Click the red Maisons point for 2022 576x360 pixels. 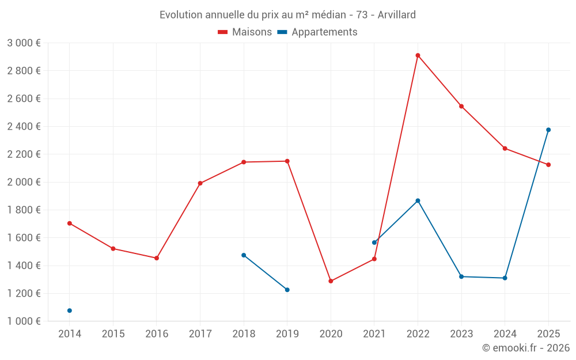coord(418,55)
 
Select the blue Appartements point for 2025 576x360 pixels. coord(548,130)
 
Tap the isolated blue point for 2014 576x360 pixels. coord(70,310)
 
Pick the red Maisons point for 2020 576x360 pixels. coord(331,281)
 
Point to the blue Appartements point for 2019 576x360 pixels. coord(287,290)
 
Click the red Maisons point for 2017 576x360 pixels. coord(200,183)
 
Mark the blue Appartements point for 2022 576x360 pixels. coord(418,200)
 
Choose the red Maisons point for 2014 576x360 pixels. coord(70,223)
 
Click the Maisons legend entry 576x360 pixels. coord(245,32)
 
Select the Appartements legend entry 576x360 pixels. coord(317,32)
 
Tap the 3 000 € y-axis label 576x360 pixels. coord(24,43)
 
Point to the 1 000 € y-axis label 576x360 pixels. coord(24,321)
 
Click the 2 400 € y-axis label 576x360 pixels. coord(24,126)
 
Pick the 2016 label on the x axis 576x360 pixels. coord(157,334)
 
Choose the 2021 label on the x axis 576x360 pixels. coord(374,334)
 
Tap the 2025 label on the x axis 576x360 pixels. coord(548,334)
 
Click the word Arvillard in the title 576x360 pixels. coord(397,15)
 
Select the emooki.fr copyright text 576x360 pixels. coord(526,347)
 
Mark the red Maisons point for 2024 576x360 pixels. coord(505,149)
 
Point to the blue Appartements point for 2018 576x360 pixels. coord(244,255)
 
